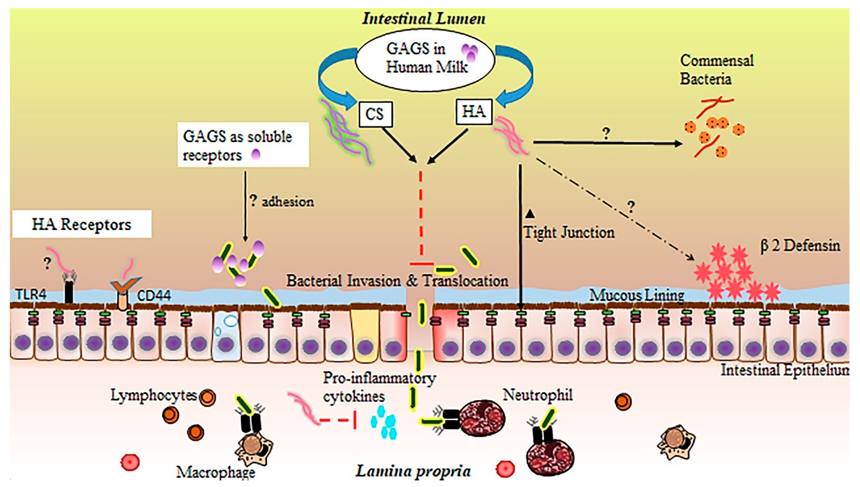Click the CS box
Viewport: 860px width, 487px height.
pos(375,114)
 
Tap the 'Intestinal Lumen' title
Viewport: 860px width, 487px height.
pos(424,18)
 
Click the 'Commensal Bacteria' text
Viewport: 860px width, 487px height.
pos(716,70)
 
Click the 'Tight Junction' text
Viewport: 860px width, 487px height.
pos(569,232)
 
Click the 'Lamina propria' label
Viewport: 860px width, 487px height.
pos(413,471)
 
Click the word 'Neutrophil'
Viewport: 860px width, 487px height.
pos(537,395)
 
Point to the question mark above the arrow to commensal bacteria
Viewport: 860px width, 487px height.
pos(606,134)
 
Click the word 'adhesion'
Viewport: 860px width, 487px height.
pos(288,202)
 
